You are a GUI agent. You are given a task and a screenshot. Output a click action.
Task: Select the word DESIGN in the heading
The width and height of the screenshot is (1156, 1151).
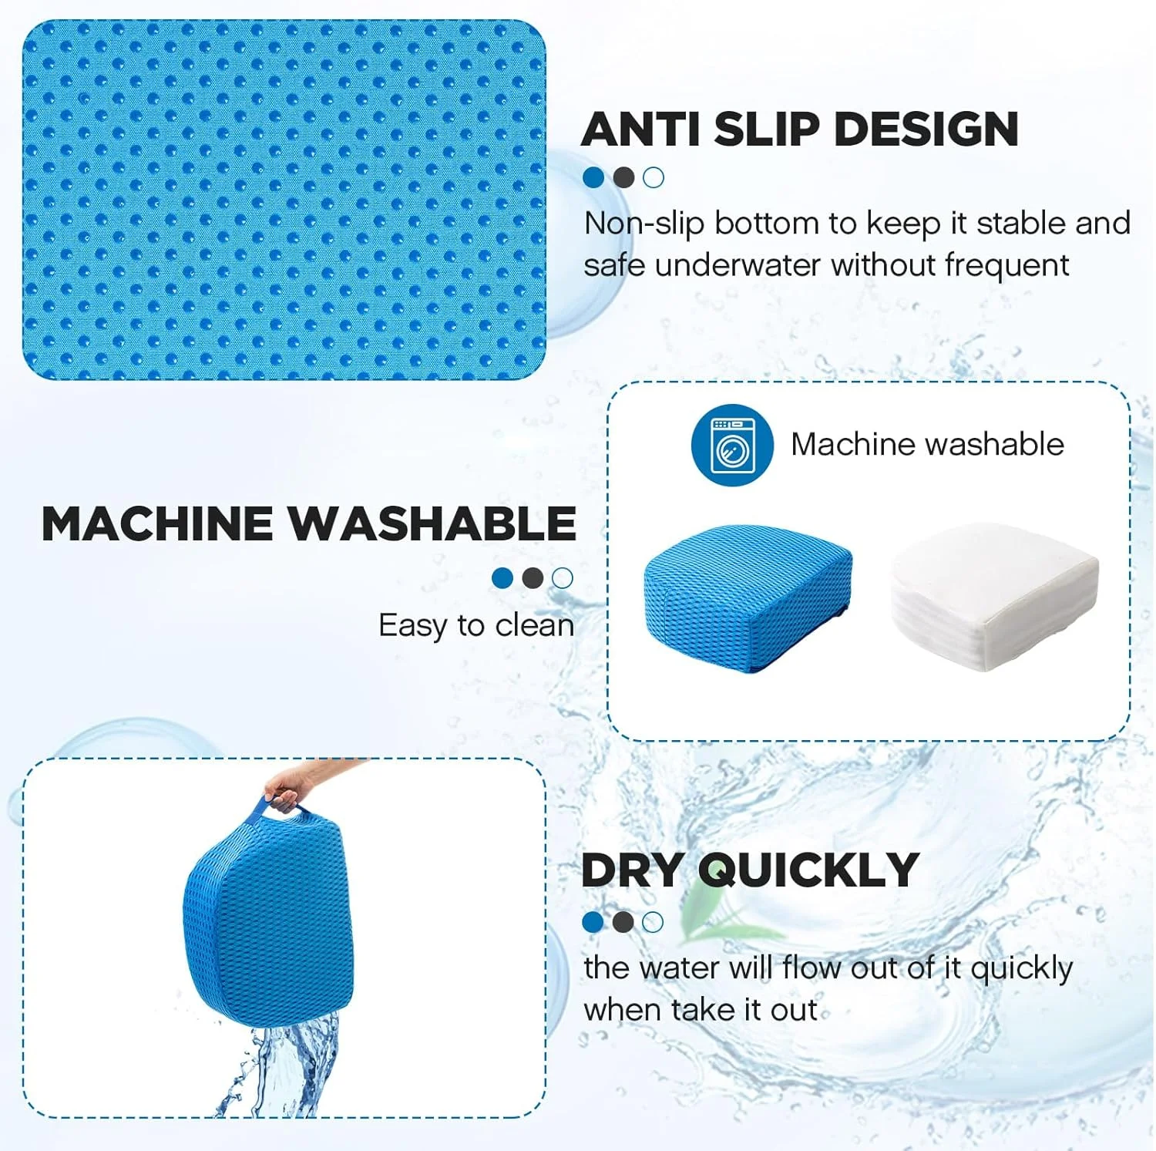point(926,129)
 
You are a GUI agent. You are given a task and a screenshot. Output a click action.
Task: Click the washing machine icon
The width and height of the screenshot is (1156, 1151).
point(731,445)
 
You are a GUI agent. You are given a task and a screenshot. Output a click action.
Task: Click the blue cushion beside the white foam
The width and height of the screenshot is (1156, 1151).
point(748,598)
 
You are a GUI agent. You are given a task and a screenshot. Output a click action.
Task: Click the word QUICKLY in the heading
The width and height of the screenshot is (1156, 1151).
point(808,872)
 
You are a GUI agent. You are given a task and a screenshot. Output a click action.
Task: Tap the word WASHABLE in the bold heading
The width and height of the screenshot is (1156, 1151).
point(432,524)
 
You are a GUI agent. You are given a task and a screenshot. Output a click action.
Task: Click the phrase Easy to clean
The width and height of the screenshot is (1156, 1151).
point(476,625)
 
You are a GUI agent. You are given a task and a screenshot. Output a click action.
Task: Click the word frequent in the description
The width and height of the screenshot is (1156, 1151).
point(1007,266)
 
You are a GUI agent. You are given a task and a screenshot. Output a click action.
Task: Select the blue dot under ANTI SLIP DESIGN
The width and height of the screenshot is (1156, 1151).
point(593,178)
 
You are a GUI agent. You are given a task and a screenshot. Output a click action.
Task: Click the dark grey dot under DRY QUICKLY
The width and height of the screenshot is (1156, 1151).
point(623,922)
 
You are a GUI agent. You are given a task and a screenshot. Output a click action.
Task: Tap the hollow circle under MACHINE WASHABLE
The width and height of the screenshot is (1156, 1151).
point(563,578)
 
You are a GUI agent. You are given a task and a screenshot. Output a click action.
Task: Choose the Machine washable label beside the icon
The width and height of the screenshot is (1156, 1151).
point(927,445)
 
